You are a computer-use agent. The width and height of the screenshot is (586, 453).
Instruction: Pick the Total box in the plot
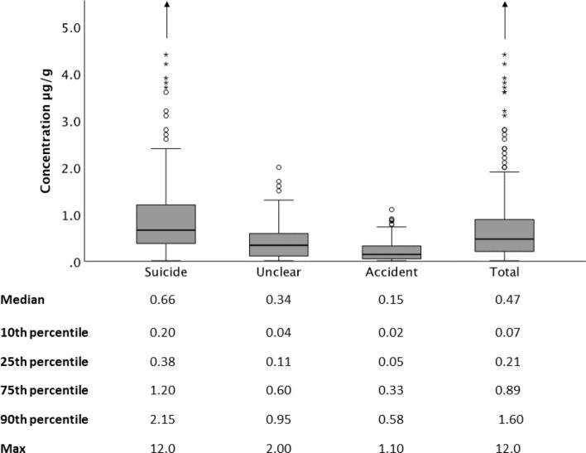pyautogui.click(x=504, y=235)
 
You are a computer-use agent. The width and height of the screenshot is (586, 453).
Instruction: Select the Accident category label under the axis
pyautogui.click(x=391, y=272)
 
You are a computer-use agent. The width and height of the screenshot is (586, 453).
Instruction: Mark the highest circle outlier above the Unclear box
pyautogui.click(x=279, y=168)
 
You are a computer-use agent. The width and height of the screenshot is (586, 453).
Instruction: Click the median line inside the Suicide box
pyautogui.click(x=166, y=230)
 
